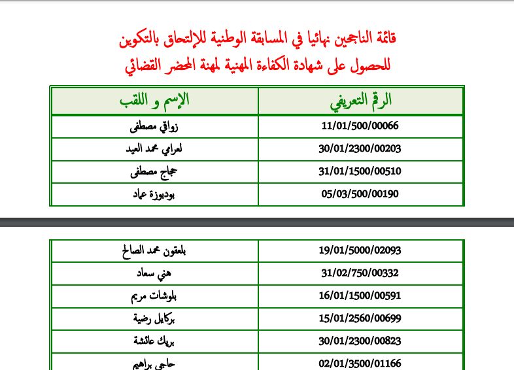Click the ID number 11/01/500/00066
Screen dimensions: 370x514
pos(360,126)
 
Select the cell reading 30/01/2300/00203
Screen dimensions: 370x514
pos(360,148)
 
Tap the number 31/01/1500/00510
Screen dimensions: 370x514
pos(360,171)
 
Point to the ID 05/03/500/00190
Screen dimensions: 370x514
pos(360,193)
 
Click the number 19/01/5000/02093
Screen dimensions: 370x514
pos(360,250)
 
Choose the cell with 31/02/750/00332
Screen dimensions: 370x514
pos(360,273)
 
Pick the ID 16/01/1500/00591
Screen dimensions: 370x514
pos(360,296)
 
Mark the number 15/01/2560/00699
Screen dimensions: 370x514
pos(360,318)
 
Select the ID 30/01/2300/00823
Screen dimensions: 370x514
pos(360,341)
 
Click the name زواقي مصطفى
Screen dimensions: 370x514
pos(154,126)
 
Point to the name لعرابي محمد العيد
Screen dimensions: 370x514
pos(154,148)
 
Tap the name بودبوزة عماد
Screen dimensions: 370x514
pos(154,193)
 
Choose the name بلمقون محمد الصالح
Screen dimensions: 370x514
pos(154,250)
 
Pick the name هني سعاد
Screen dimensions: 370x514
pos(154,273)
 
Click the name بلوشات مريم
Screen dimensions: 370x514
pos(154,296)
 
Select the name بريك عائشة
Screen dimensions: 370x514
pos(154,341)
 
